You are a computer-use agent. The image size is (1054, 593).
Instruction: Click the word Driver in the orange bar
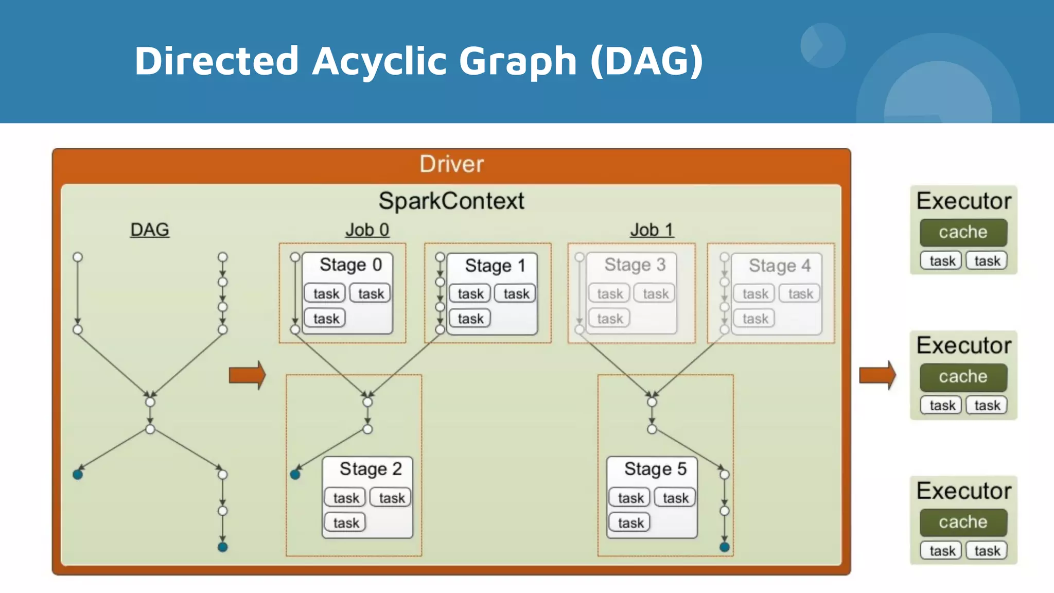(x=451, y=164)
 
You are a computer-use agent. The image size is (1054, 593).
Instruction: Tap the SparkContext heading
(x=451, y=201)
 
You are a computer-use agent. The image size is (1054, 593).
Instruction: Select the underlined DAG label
(x=149, y=230)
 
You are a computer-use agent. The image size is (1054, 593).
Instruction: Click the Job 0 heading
(x=367, y=230)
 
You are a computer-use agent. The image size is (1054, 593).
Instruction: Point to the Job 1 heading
(x=652, y=230)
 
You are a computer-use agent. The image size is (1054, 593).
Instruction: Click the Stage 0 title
(x=350, y=265)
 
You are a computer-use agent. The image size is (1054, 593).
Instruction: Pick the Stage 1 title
(x=495, y=266)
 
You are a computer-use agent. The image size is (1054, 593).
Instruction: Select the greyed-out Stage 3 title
(x=635, y=265)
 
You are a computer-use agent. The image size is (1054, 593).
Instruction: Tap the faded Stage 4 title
(x=779, y=266)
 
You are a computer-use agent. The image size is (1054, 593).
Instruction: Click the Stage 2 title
(x=371, y=469)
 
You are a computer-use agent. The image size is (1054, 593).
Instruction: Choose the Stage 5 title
(x=655, y=469)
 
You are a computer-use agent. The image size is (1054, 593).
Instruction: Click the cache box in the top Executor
(x=963, y=232)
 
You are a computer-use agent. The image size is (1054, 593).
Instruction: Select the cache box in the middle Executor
(x=963, y=377)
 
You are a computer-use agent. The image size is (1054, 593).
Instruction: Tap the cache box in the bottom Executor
(x=963, y=522)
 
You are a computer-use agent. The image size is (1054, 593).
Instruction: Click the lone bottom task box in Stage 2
(x=345, y=523)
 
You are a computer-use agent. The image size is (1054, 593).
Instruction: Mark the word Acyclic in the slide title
(x=379, y=61)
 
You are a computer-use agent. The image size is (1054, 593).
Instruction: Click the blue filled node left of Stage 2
(x=295, y=474)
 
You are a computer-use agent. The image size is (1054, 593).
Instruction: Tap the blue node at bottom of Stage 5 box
(x=724, y=547)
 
